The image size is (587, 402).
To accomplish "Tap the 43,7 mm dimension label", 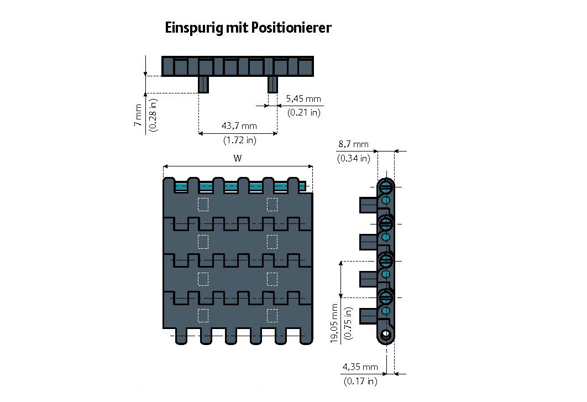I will [x=239, y=126].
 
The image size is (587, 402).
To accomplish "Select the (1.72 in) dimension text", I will [x=239, y=140].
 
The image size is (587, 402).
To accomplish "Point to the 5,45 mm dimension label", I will [x=303, y=99].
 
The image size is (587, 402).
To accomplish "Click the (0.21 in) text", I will [x=303, y=113].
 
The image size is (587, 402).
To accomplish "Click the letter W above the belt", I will [x=238, y=158].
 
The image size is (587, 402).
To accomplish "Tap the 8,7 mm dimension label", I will [x=353, y=144].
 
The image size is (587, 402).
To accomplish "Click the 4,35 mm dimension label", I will [x=360, y=367].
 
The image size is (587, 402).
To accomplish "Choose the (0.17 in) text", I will [x=360, y=381].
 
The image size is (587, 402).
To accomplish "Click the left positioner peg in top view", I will [x=204, y=85].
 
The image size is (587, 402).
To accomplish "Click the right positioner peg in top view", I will [x=272, y=85].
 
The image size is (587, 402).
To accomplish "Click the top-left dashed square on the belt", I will [x=203, y=204].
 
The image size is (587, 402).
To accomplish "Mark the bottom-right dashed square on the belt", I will [x=272, y=315].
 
